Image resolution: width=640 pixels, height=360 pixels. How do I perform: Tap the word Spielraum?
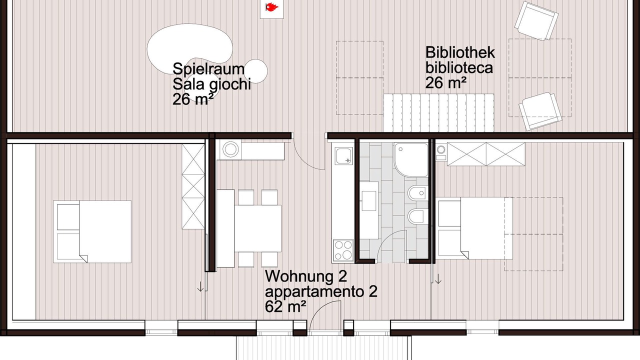click(x=208, y=69)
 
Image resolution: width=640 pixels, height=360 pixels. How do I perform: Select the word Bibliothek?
click(x=460, y=52)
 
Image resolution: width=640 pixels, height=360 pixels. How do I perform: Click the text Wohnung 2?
click(x=306, y=276)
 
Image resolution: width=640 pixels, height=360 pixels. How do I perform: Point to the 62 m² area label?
click(x=285, y=307)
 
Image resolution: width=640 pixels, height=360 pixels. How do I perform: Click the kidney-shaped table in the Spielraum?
click(x=190, y=48)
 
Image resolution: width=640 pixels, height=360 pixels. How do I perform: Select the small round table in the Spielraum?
click(x=255, y=71)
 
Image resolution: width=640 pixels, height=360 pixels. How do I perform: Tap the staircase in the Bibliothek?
click(x=438, y=113)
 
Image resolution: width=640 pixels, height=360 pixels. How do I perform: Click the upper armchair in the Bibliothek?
click(x=536, y=20)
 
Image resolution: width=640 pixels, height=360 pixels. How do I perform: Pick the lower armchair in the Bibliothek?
click(x=540, y=111)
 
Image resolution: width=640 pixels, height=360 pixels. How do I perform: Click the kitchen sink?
click(x=343, y=155)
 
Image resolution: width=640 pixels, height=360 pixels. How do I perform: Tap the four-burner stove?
click(x=343, y=249)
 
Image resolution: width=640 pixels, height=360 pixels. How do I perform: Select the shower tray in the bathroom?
click(x=411, y=160)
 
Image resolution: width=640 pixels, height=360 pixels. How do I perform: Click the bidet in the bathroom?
click(x=418, y=193)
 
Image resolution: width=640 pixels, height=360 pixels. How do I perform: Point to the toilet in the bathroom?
click(x=418, y=215)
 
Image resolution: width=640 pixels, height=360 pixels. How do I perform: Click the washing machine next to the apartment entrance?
click(x=230, y=149)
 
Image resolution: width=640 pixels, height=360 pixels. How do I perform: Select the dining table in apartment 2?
click(x=257, y=228)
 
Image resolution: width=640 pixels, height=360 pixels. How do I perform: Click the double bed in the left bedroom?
click(x=92, y=231)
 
